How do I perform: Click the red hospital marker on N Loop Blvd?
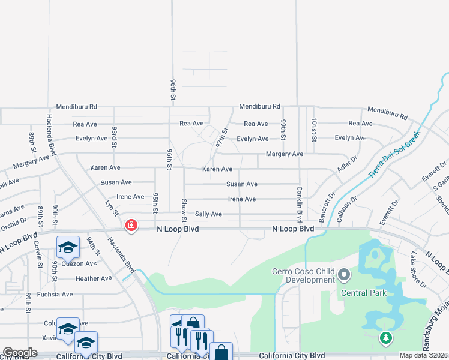coord(130,226)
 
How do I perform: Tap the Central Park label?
coord(364,293)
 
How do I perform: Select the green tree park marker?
coord(385,340)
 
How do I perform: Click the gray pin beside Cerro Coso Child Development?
coord(344,275)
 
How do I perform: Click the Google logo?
coord(20,353)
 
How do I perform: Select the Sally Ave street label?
coord(208,214)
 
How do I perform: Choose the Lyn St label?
coord(110,207)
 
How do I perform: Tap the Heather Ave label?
coord(94,278)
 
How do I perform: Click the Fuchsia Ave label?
coord(55,294)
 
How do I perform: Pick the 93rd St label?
coord(114,136)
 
